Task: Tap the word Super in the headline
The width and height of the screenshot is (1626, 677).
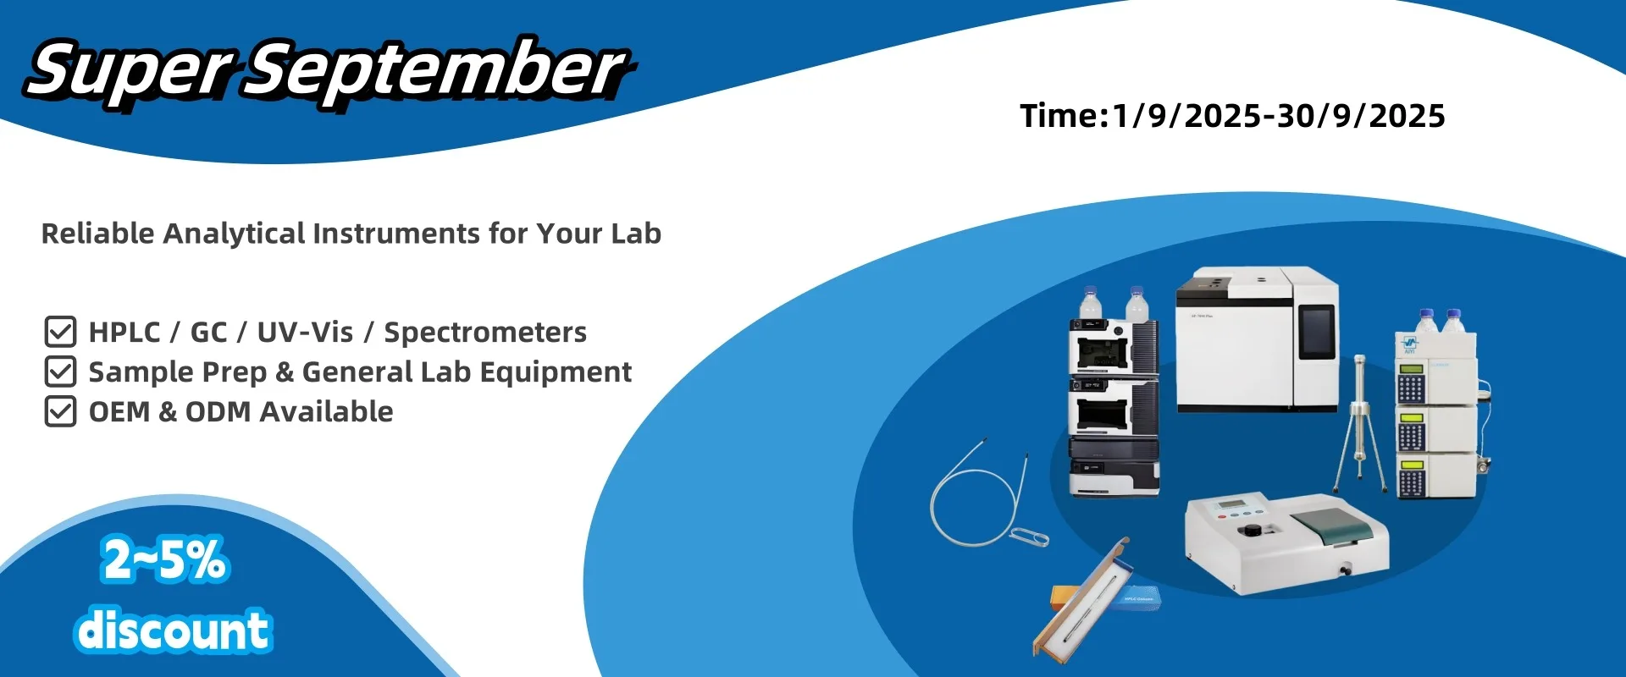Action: tap(129, 72)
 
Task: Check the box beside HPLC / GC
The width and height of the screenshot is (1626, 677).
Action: tap(60, 332)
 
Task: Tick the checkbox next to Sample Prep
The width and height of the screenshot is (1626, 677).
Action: tap(60, 372)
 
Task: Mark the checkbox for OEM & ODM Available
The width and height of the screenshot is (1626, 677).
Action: tap(60, 411)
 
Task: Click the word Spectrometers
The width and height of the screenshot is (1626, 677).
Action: tap(485, 333)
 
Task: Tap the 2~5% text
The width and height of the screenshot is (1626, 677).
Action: tap(165, 559)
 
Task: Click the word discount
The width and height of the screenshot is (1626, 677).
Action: tap(173, 630)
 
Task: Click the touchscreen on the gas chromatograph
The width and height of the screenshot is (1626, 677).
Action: tap(1317, 331)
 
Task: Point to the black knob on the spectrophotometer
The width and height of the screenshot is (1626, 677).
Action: tap(1250, 531)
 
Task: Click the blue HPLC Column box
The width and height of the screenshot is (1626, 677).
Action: tap(1134, 599)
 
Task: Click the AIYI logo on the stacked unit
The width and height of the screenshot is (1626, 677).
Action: tap(1409, 344)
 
